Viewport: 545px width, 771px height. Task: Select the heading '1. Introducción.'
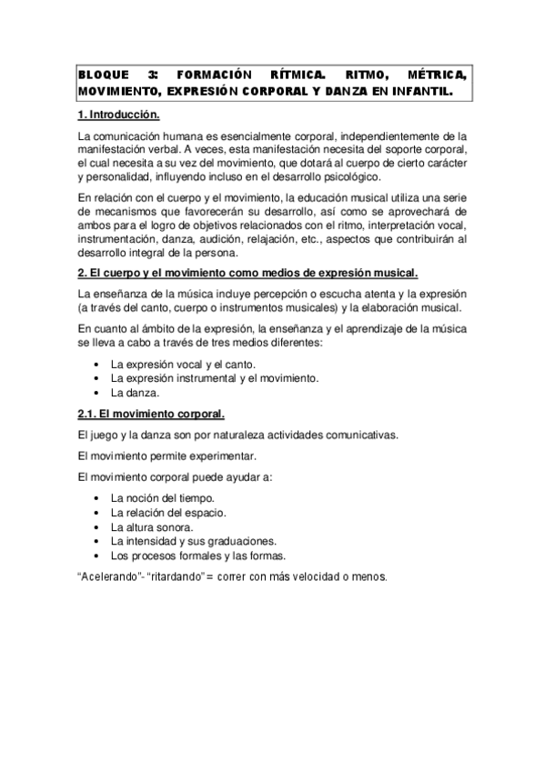[x=119, y=115]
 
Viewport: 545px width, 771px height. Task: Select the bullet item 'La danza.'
[x=136, y=393]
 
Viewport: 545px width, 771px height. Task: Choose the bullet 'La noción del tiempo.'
[x=163, y=497]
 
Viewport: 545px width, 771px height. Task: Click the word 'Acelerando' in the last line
[x=110, y=576]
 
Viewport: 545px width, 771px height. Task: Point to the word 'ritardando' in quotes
[x=176, y=576]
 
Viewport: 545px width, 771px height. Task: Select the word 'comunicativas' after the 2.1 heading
[x=358, y=435]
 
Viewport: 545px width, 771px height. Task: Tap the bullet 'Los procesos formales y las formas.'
[x=198, y=556]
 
